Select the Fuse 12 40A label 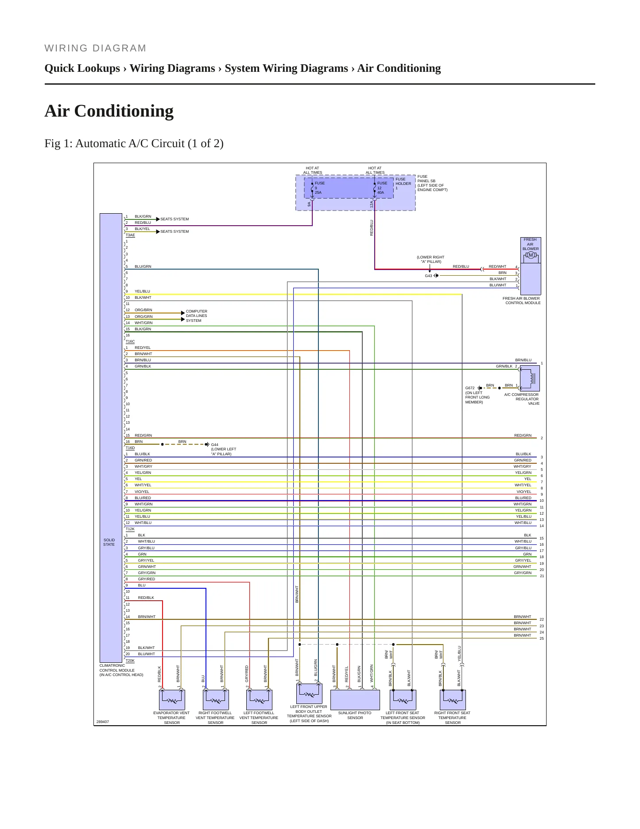point(382,188)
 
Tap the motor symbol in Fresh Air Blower point(531,255)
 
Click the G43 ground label point(428,276)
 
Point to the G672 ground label point(470,388)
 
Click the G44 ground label point(215,445)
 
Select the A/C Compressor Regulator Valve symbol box point(530,378)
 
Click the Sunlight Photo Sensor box point(355,700)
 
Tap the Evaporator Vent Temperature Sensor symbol point(172,700)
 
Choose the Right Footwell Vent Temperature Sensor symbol point(216,700)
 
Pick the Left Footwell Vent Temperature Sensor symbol point(259,700)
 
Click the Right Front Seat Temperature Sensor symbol point(453,700)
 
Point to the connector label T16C point(130,342)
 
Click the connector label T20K point(130,661)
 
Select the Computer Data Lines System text point(197,316)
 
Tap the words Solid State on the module point(109,542)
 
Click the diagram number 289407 point(103,722)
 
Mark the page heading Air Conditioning point(109,111)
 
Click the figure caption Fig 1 point(134,144)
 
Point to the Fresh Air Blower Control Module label point(522,301)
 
